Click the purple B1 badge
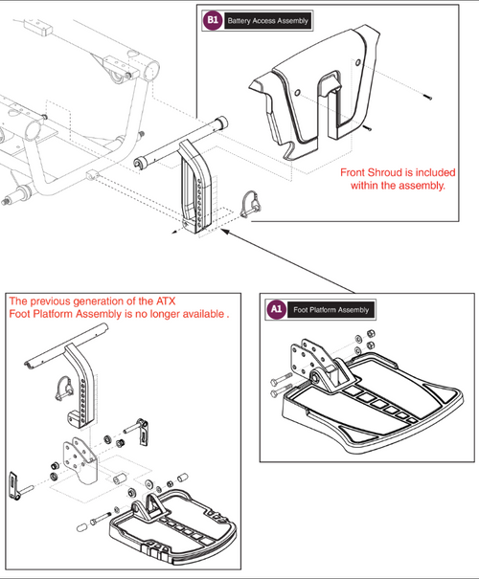[212, 19]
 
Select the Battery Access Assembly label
[264, 19]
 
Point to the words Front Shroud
[376, 174]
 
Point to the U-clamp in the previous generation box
[63, 390]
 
